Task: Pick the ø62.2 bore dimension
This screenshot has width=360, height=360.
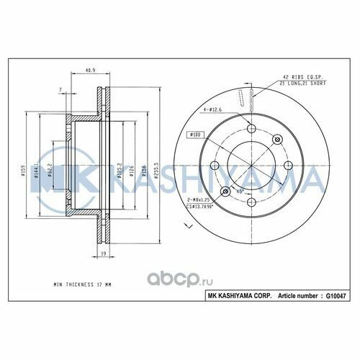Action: coord(49,171)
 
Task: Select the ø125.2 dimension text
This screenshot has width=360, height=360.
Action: coord(118,171)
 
